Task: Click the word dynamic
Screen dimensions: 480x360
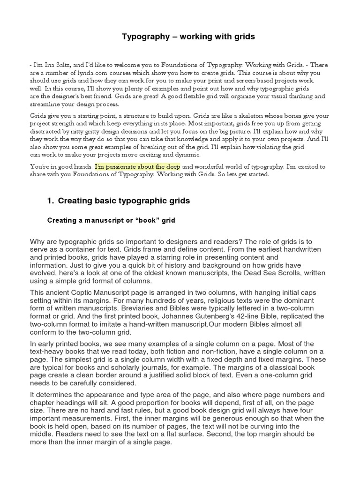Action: click(x=185, y=154)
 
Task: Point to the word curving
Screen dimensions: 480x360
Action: click(x=259, y=426)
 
